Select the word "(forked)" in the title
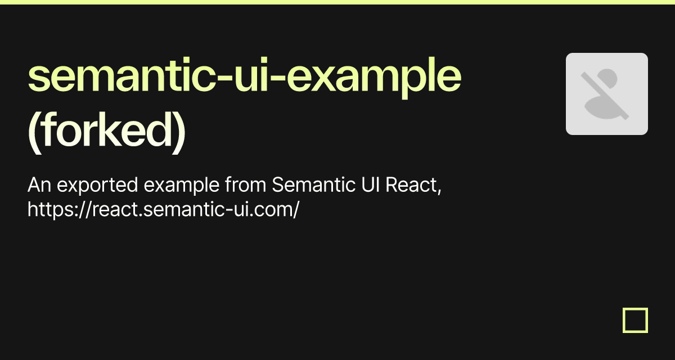[106, 131]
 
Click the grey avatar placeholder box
[607, 94]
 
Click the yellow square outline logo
[636, 320]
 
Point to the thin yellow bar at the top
[337, 2]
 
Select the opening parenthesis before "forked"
[34, 131]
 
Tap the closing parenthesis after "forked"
[179, 131]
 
